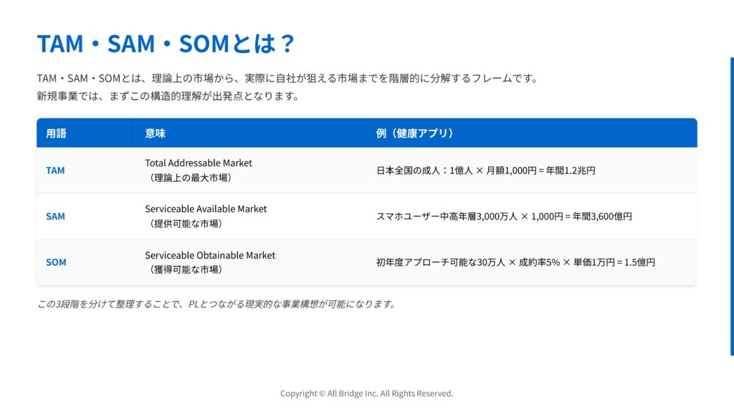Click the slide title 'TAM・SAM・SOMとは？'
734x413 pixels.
click(166, 44)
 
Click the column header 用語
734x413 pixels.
click(56, 133)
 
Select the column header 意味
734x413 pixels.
click(155, 133)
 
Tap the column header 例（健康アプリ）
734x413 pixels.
click(415, 133)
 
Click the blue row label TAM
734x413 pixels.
click(55, 171)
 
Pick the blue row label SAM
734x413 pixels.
click(55, 217)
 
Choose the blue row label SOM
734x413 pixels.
click(56, 262)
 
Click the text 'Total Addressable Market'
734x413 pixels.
click(199, 163)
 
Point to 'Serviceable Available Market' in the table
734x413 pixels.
click(206, 209)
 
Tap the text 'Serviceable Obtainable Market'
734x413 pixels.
click(210, 255)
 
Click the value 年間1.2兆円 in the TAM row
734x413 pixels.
click(571, 171)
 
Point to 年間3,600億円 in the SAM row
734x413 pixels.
click(602, 217)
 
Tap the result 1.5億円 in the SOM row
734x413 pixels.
click(640, 262)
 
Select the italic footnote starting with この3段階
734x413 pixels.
click(216, 304)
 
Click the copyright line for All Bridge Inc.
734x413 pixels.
click(367, 394)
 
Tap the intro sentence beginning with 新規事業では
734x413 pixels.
click(168, 96)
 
